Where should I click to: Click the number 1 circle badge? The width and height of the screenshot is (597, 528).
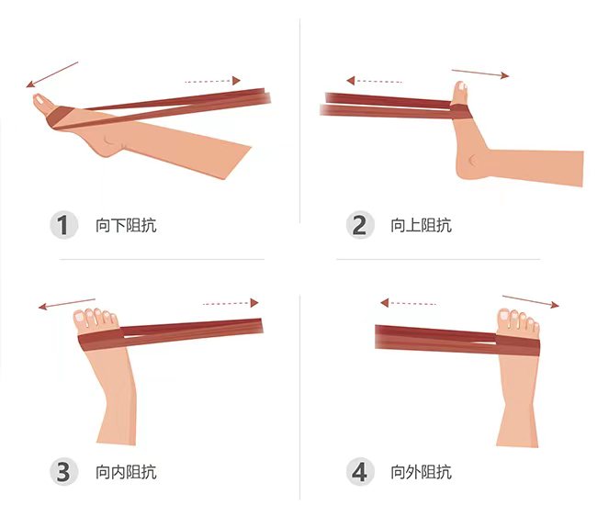click(64, 225)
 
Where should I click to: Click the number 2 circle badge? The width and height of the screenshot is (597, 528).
click(360, 225)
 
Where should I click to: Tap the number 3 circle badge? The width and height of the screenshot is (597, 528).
click(64, 472)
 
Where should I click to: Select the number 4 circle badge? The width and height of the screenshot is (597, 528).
click(360, 472)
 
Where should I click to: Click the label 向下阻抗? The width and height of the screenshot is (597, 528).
click(126, 225)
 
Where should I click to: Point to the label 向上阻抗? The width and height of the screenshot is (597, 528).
click(422, 225)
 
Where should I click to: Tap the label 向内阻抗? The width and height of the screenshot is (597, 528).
click(126, 472)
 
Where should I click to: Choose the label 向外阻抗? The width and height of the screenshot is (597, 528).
click(422, 472)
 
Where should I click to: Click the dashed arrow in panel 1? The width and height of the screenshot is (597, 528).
click(212, 81)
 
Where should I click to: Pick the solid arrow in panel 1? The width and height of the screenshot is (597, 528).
click(52, 74)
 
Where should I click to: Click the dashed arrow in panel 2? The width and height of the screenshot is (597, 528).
click(374, 81)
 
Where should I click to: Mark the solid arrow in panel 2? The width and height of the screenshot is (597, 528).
click(480, 73)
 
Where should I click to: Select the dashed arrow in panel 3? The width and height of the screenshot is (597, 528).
click(231, 303)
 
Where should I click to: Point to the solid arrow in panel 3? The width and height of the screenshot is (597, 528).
click(67, 304)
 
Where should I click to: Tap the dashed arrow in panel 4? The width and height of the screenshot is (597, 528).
click(408, 303)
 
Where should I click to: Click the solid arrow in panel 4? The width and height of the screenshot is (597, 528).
click(531, 301)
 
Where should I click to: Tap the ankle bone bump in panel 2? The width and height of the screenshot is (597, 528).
click(473, 161)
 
